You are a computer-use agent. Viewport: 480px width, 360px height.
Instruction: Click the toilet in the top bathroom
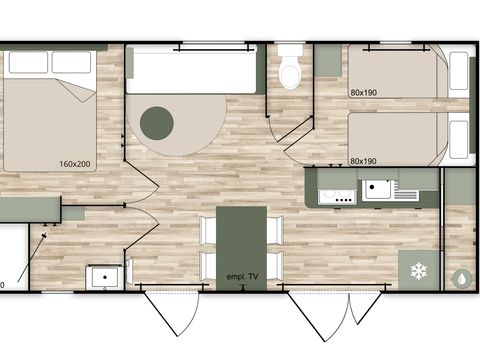pos(291,69)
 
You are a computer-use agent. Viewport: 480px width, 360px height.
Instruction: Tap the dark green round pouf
pos(156,123)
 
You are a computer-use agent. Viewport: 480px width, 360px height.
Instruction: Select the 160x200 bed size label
pos(76,164)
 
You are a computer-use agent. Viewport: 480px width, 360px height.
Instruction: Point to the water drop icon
pos(462,277)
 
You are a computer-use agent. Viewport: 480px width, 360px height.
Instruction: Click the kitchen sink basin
pos(378,188)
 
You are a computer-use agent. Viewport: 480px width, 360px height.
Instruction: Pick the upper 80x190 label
pos(364,93)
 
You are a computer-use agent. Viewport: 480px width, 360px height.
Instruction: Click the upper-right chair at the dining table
pos(275,230)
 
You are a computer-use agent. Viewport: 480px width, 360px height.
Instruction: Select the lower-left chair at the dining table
pos(208,264)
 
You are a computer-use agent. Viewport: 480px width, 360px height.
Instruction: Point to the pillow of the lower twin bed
pos(459,136)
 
